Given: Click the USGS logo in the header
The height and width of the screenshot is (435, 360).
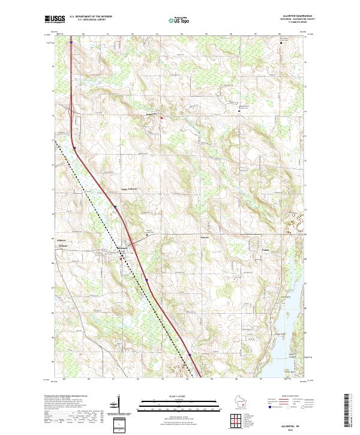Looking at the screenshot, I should click(x=54, y=19).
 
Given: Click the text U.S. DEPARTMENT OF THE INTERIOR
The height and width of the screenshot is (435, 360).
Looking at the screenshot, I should click(x=91, y=16).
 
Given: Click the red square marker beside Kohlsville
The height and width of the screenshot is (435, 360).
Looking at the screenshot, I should click(x=161, y=118).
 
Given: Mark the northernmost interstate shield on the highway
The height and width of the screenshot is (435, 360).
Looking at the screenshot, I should click(x=70, y=43).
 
